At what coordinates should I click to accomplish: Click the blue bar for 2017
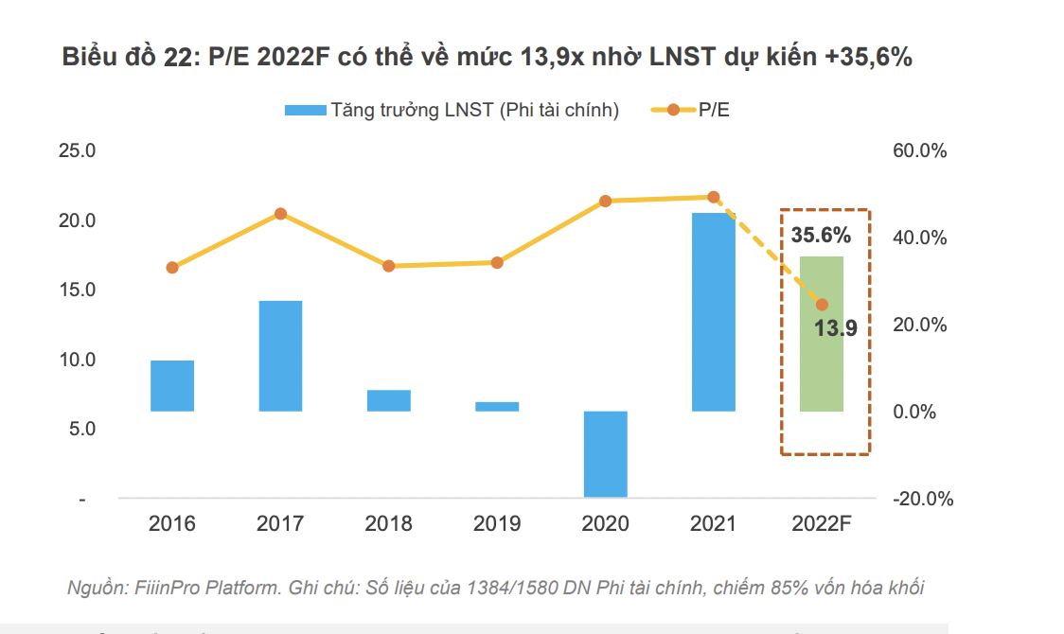(280, 356)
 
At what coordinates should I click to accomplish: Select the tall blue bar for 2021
(714, 312)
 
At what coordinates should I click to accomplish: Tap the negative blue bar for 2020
(606, 454)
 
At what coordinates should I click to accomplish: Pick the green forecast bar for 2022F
(822, 334)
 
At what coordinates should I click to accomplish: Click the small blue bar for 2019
(497, 407)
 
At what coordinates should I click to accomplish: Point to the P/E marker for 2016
(172, 268)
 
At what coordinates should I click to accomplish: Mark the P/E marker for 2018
(388, 266)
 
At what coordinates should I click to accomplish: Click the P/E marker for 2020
(606, 201)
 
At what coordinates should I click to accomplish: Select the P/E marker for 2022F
(822, 305)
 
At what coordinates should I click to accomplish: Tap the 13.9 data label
(836, 329)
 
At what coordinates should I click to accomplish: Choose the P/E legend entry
(714, 111)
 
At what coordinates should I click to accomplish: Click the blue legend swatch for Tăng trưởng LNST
(304, 111)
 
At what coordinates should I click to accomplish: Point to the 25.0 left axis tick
(79, 151)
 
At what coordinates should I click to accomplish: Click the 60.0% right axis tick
(918, 151)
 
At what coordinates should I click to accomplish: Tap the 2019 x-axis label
(497, 523)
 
